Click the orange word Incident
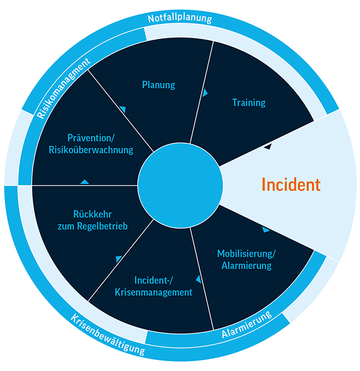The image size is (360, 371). point(291,184)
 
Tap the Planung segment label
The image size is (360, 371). point(158,85)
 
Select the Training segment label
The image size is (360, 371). point(249,102)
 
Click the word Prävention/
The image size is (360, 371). point(91,138)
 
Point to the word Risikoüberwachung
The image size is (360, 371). point(91,150)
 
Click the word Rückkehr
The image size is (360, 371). point(92,214)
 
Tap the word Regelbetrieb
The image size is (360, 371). point(103,226)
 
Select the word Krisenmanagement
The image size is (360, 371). point(153,293)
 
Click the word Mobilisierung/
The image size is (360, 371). point(247,254)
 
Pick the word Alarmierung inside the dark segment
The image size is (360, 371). point(247,266)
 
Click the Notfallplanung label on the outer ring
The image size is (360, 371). point(180,19)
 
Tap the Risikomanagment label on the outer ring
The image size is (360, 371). point(63,88)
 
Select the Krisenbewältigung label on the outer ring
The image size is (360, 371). point(108,335)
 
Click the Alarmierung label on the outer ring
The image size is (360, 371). point(247,324)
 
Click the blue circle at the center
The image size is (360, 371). point(180,185)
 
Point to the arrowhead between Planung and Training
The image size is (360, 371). point(205,93)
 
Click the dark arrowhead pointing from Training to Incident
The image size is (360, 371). point(268,147)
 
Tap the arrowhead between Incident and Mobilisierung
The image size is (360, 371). point(266,229)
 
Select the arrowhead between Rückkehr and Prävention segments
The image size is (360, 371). point(85,182)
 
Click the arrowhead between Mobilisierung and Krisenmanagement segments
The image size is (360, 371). point(199,279)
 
